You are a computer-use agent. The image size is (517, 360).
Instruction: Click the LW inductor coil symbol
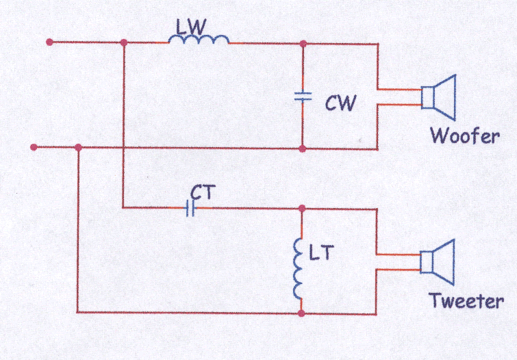[199, 40]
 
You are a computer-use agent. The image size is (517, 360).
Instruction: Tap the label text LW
[191, 27]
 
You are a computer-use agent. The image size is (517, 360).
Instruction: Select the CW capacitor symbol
[303, 97]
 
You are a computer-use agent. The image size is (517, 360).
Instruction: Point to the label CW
[340, 103]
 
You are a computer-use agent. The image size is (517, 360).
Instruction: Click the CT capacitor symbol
[190, 208]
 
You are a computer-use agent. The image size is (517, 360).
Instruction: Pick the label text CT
[203, 192]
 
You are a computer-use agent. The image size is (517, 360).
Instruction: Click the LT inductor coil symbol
[298, 269]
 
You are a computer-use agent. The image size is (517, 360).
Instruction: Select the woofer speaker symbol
[439, 97]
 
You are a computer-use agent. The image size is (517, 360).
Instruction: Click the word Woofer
[465, 135]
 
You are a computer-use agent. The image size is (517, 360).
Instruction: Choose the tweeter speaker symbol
[438, 262]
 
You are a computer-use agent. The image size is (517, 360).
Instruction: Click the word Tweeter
[466, 300]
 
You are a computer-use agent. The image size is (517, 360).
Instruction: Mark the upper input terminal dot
[49, 42]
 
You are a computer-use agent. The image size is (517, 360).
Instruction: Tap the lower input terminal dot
[34, 147]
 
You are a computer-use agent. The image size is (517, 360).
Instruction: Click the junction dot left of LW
[124, 42]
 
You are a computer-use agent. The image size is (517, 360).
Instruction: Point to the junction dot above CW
[303, 44]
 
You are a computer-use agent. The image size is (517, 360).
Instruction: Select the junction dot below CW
[303, 149]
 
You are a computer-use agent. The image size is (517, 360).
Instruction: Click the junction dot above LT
[302, 208]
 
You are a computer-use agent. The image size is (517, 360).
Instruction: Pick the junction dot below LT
[301, 313]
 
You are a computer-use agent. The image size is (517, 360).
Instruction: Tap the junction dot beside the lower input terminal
[78, 147]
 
